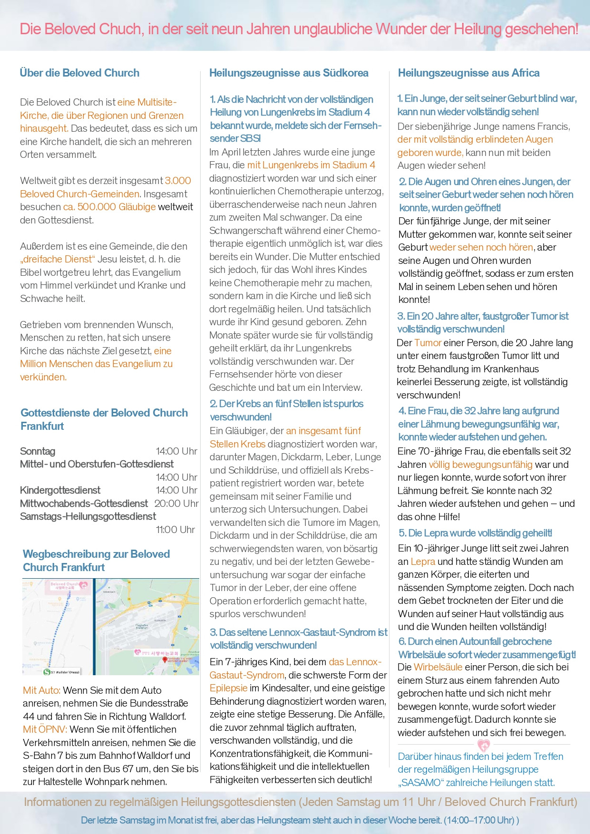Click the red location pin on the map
click(165, 659)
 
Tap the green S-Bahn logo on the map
click(47, 672)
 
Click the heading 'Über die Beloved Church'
click(79, 73)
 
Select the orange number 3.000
click(178, 181)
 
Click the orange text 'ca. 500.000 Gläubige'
click(109, 207)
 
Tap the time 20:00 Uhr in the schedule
click(176, 503)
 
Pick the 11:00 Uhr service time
click(175, 529)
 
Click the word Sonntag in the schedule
click(38, 451)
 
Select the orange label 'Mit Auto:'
click(42, 690)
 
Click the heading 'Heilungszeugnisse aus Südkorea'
click(289, 73)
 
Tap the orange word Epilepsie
click(228, 688)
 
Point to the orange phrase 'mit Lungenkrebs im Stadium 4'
click(311, 165)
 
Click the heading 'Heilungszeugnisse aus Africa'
click(468, 73)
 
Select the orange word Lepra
click(423, 561)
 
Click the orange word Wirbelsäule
click(438, 667)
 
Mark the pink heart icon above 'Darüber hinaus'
click(483, 745)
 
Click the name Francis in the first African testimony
click(553, 126)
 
